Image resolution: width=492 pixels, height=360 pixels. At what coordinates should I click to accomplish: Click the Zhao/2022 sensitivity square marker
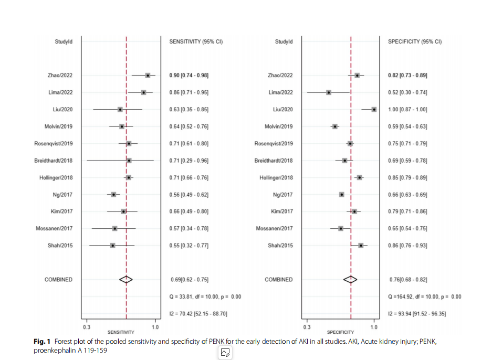(x=148, y=76)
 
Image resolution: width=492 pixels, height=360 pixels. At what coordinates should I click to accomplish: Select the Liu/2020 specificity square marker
(x=374, y=109)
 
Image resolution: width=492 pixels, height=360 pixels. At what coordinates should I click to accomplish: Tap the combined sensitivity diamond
(x=126, y=279)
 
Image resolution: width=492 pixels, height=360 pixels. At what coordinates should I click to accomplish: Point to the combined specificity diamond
(x=350, y=279)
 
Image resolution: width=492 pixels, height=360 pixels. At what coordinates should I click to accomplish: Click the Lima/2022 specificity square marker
(x=329, y=92)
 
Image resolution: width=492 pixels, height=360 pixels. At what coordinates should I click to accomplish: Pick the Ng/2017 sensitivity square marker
(x=113, y=195)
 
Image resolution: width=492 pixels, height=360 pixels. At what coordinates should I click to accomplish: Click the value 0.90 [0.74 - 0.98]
(x=189, y=76)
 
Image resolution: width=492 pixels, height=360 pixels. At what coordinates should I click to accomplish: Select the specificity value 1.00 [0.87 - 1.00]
(x=407, y=109)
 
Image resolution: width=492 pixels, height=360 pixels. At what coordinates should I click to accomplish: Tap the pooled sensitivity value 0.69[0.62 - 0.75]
(x=190, y=279)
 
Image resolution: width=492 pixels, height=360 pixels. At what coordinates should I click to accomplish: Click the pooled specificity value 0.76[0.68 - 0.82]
(x=409, y=279)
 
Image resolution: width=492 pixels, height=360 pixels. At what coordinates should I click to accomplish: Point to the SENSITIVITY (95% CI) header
(x=196, y=41)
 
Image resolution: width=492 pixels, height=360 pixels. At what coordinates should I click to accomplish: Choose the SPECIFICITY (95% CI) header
(x=415, y=41)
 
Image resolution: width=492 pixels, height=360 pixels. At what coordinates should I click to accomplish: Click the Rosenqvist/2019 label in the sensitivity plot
(x=54, y=143)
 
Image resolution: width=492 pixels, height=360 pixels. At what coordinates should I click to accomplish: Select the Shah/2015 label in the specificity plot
(x=280, y=246)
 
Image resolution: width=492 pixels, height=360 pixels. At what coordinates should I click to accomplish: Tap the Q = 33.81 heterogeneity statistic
(x=205, y=297)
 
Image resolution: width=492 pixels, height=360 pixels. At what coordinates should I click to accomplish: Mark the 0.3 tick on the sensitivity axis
(x=86, y=327)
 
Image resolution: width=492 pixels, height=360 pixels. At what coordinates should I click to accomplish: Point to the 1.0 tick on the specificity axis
(x=374, y=327)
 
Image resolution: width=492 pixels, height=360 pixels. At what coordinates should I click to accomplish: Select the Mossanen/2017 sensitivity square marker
(x=114, y=228)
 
